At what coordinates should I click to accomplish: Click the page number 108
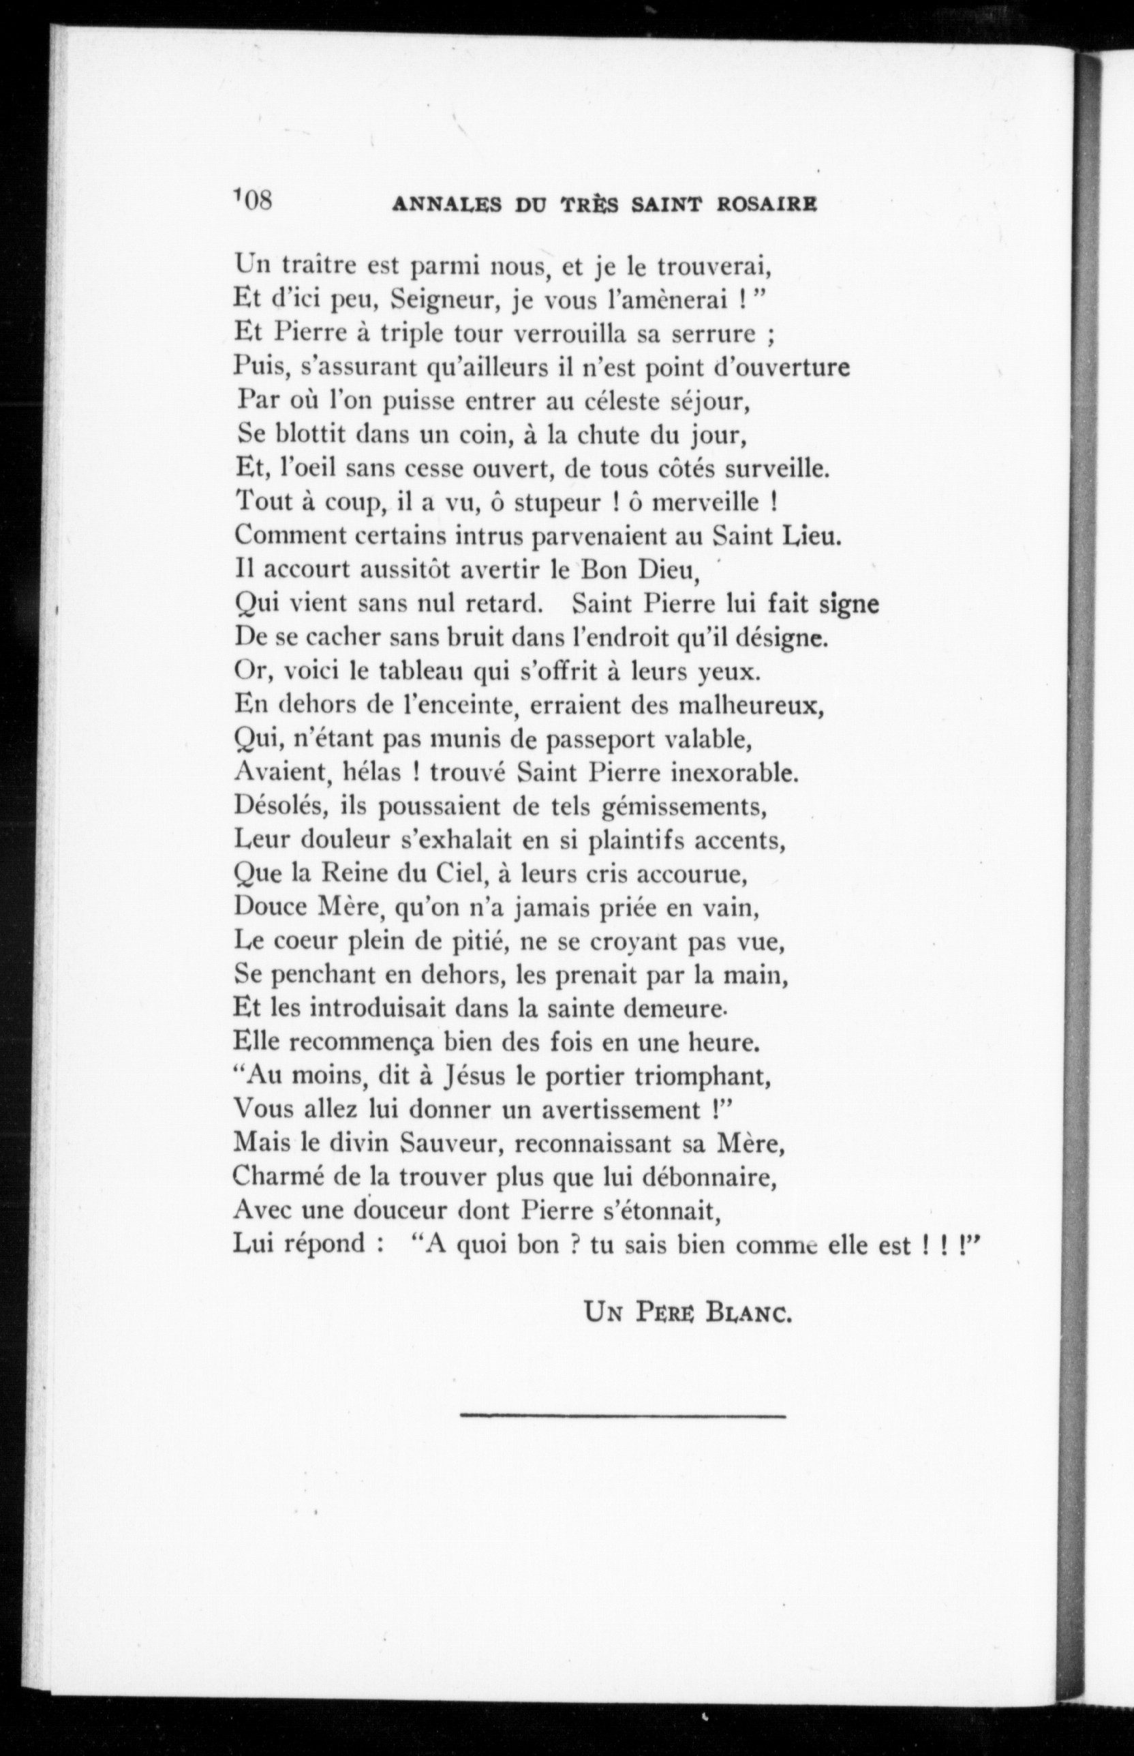click(254, 200)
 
